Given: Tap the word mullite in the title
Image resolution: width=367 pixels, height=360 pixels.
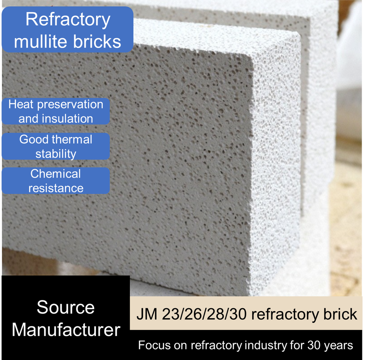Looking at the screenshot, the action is [40, 42].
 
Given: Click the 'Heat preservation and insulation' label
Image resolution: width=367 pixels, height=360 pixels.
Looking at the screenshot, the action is [56, 111].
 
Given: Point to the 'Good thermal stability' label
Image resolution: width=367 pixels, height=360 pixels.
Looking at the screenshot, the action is [56, 146].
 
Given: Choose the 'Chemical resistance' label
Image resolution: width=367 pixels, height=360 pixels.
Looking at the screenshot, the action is [56, 181].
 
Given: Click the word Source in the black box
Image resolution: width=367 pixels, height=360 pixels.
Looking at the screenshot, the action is [66, 308].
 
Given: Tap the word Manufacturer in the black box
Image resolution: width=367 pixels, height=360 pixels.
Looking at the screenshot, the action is [66, 330].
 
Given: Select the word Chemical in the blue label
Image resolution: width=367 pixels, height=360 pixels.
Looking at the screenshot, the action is [56, 174].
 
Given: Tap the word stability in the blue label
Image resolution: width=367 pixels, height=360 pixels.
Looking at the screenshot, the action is [56, 154].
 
